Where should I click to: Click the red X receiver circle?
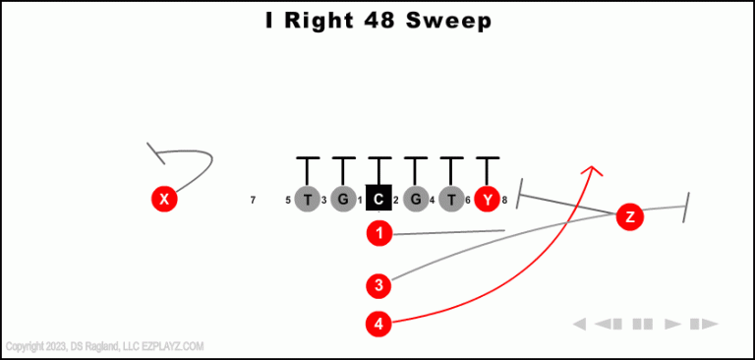[x=164, y=200]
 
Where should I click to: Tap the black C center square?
[x=378, y=200]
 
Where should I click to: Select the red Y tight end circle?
[x=487, y=200]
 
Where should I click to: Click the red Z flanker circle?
[x=629, y=217]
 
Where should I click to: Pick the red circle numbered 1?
[x=379, y=233]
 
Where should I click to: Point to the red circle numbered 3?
[x=379, y=286]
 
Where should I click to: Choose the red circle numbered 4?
[x=379, y=323]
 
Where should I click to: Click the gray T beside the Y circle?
[x=451, y=200]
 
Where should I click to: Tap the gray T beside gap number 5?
[x=308, y=200]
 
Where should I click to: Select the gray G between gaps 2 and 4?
[x=416, y=200]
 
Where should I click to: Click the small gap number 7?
[x=253, y=201]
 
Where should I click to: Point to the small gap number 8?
[x=504, y=201]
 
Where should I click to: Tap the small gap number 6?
[x=468, y=201]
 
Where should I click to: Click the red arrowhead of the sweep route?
[x=592, y=171]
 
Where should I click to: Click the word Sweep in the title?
[x=447, y=21]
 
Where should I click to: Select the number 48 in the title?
[x=373, y=21]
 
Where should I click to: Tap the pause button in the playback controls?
[x=643, y=324]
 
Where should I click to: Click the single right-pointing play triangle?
[x=672, y=324]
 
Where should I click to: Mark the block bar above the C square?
[x=378, y=158]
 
